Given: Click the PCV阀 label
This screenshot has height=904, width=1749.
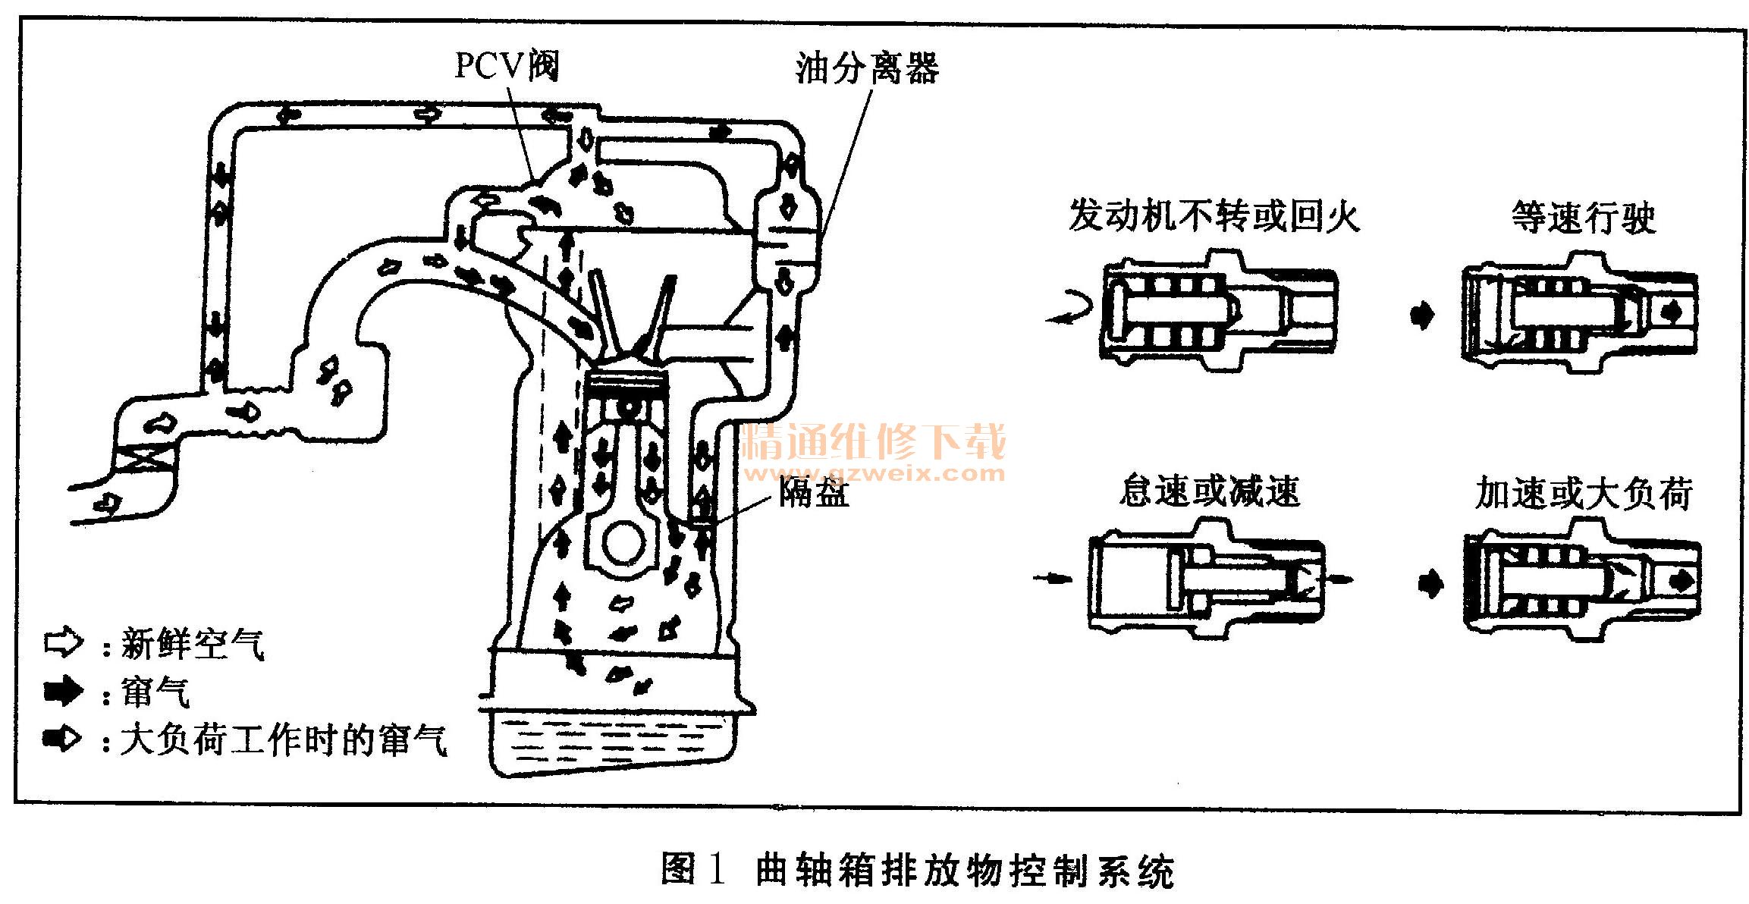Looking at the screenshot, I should tap(507, 65).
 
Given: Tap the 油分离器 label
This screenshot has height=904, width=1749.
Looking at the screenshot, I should tap(867, 68).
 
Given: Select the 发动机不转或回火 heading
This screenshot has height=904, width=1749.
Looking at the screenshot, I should tap(1214, 216).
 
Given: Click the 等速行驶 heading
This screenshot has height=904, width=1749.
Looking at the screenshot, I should tap(1584, 218).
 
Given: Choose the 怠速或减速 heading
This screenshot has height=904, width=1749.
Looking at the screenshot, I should tap(1210, 491).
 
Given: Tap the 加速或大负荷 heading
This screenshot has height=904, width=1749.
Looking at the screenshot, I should tap(1584, 494).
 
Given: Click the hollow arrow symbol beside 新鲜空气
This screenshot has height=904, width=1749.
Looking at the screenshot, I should tap(64, 642).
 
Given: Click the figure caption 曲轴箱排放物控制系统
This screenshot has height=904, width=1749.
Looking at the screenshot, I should tap(965, 870).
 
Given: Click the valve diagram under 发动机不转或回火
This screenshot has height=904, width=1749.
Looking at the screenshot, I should tap(1217, 311).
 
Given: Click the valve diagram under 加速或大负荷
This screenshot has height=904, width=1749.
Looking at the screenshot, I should tap(1582, 580).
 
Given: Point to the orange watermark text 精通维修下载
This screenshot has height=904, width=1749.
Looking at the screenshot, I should tap(874, 442).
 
